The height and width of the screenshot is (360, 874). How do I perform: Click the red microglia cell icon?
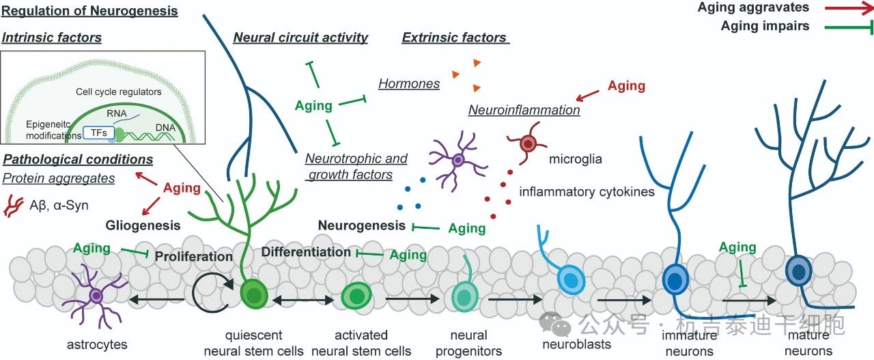coord(528,144)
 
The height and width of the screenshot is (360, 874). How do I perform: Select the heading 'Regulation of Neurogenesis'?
coord(89,10)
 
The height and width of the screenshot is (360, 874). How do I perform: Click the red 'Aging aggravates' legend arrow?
coord(845,8)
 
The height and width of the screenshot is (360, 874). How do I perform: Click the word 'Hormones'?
coord(409,83)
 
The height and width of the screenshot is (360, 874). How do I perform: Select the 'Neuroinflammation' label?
coord(524,109)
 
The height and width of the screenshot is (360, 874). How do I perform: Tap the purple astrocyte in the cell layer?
coord(96,296)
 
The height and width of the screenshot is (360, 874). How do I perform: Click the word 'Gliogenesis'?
coord(143,225)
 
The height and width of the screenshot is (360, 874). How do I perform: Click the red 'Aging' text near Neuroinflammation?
coord(626,85)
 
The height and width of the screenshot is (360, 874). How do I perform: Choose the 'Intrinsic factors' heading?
coord(52,38)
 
